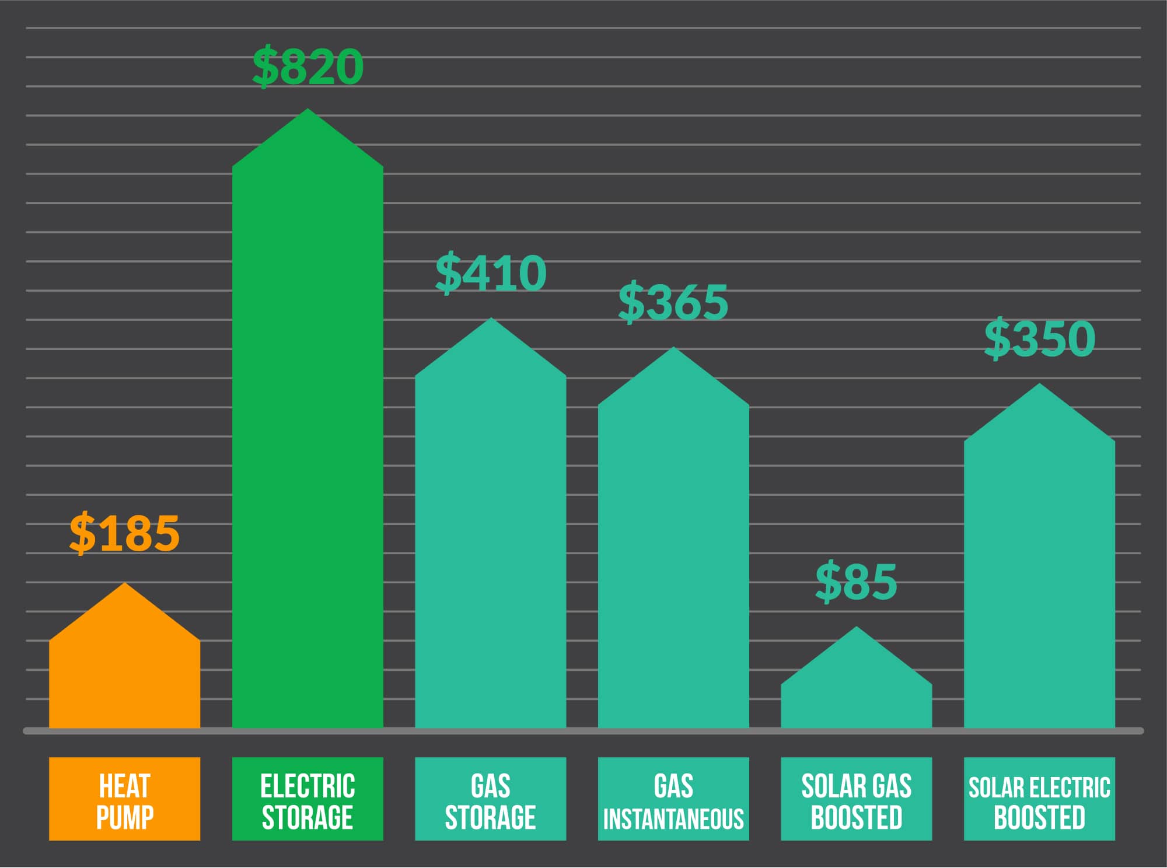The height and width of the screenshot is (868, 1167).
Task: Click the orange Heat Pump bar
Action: click(124, 671)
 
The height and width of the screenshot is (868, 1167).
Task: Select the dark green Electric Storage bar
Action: click(308, 437)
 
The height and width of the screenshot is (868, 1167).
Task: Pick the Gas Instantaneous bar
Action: click(673, 554)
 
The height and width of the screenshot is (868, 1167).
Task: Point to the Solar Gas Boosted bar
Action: click(856, 694)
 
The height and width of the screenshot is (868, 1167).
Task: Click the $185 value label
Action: click(124, 533)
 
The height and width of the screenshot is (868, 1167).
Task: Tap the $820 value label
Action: click(308, 66)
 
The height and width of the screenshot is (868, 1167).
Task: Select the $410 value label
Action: click(490, 273)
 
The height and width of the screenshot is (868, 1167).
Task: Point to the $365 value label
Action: click(673, 302)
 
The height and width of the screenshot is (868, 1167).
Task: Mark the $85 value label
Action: click(856, 582)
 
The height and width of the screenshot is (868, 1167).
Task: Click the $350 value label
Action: click(1039, 338)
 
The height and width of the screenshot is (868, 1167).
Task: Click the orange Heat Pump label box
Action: click(124, 799)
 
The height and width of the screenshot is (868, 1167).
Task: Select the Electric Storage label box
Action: click(308, 799)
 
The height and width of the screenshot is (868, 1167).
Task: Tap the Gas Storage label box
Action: click(490, 799)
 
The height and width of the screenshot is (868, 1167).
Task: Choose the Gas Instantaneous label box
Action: click(673, 799)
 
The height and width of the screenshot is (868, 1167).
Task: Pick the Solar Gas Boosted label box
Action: click(856, 799)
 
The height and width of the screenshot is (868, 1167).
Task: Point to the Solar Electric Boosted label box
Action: click(1039, 799)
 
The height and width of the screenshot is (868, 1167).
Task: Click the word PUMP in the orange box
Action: click(124, 818)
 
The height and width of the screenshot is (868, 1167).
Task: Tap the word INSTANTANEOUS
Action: click(673, 820)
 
